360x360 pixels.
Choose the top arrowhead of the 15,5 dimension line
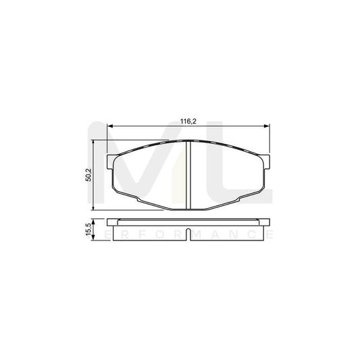[93, 220]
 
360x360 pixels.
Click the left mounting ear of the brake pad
[111, 162]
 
